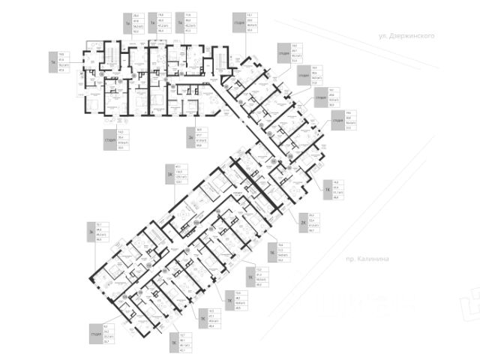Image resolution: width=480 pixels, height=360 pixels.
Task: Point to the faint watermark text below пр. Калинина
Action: (367, 304)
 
